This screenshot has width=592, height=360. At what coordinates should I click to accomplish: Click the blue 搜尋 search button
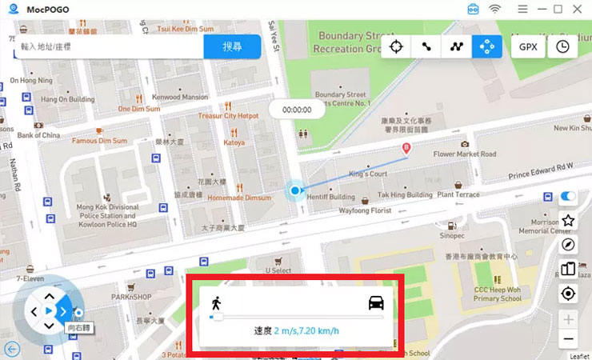(x=232, y=46)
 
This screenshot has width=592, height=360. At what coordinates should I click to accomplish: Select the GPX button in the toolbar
(x=528, y=46)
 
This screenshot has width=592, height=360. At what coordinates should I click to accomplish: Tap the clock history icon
(x=563, y=46)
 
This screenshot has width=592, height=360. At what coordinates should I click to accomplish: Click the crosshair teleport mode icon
(x=395, y=46)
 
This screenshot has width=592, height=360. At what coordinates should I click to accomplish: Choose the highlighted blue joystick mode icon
(x=486, y=46)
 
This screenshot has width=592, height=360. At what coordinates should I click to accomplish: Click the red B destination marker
(x=406, y=148)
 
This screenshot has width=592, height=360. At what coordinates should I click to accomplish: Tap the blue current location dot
(x=295, y=190)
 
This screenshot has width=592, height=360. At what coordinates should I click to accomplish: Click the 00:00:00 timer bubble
(x=297, y=110)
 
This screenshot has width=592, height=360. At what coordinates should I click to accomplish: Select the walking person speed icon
(x=215, y=302)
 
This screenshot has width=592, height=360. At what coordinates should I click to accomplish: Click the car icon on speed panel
(x=376, y=302)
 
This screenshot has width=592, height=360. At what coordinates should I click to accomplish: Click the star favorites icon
(x=569, y=221)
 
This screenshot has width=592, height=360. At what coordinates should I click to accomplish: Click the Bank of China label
(x=38, y=135)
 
